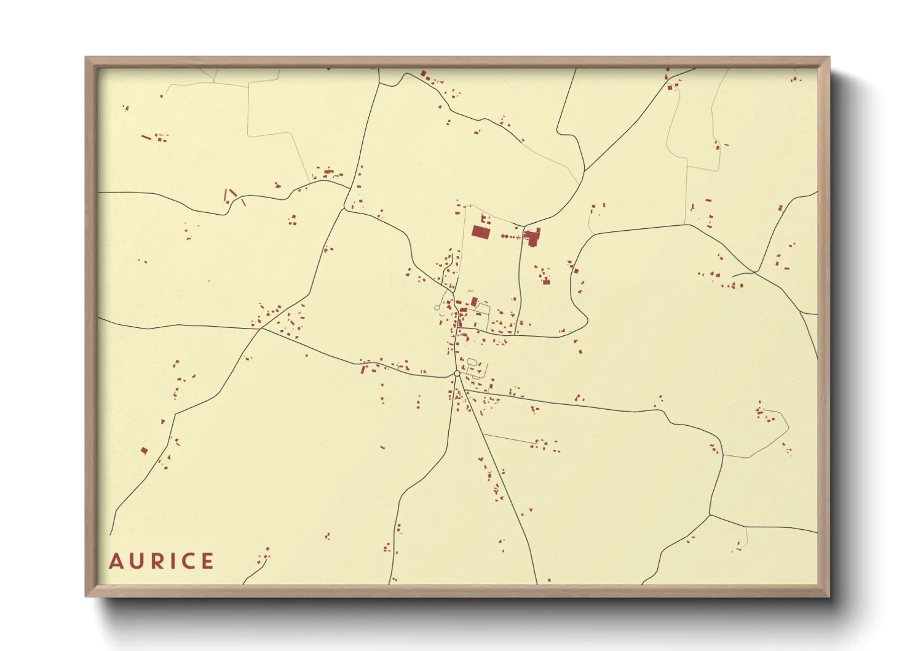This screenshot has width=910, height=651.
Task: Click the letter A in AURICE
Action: pyautogui.click(x=116, y=561)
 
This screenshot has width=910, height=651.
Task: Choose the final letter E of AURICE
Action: pyautogui.click(x=208, y=561)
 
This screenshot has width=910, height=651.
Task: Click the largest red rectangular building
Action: pyautogui.click(x=481, y=232)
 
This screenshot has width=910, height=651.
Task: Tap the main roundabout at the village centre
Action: pyautogui.click(x=457, y=373)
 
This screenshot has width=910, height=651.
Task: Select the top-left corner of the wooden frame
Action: pyautogui.click(x=87, y=58)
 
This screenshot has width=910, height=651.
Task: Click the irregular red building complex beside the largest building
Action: pyautogui.click(x=532, y=236)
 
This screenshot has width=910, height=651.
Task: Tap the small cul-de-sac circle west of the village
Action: pyautogui.click(x=437, y=307)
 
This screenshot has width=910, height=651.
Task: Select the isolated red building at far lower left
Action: pyautogui.click(x=144, y=450)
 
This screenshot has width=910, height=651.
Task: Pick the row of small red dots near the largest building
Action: pyautogui.click(x=509, y=236)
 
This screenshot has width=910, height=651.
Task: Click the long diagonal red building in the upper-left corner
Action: pyautogui.click(x=146, y=137)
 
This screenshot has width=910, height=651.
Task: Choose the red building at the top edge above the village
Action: pyautogui.click(x=423, y=74)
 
